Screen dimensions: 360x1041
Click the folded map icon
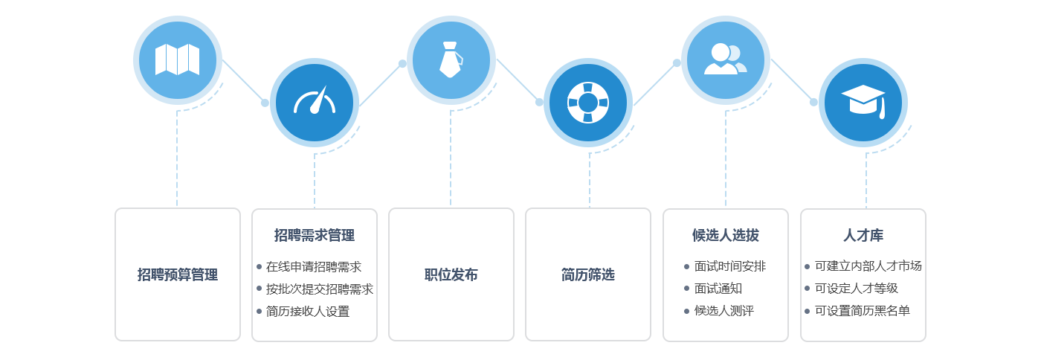click(177, 60)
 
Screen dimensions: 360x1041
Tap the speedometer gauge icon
click(315, 102)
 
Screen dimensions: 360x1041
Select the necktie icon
click(451, 60)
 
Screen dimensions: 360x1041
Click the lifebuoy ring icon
click(588, 102)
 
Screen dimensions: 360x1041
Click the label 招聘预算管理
click(178, 274)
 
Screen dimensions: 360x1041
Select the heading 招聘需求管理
click(315, 235)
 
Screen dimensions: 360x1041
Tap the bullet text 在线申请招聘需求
click(314, 266)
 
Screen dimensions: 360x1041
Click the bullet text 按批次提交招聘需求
click(320, 289)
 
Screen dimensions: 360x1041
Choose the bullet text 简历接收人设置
click(308, 311)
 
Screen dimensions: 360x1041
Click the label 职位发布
click(451, 274)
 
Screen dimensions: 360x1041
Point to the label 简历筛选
click(588, 274)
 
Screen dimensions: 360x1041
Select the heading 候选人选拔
click(726, 235)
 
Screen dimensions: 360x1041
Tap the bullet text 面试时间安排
click(730, 266)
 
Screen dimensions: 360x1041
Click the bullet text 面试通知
click(718, 289)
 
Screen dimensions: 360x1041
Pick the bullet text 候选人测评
click(724, 311)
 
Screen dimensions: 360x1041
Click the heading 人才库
click(863, 235)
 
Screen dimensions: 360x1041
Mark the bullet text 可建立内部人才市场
click(868, 266)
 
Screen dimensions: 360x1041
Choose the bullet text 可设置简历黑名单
click(863, 311)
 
